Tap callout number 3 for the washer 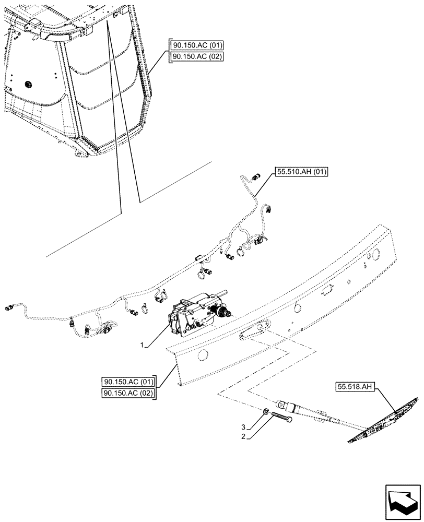click(243, 426)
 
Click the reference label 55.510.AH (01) click(299, 172)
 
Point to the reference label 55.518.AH click(354, 387)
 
